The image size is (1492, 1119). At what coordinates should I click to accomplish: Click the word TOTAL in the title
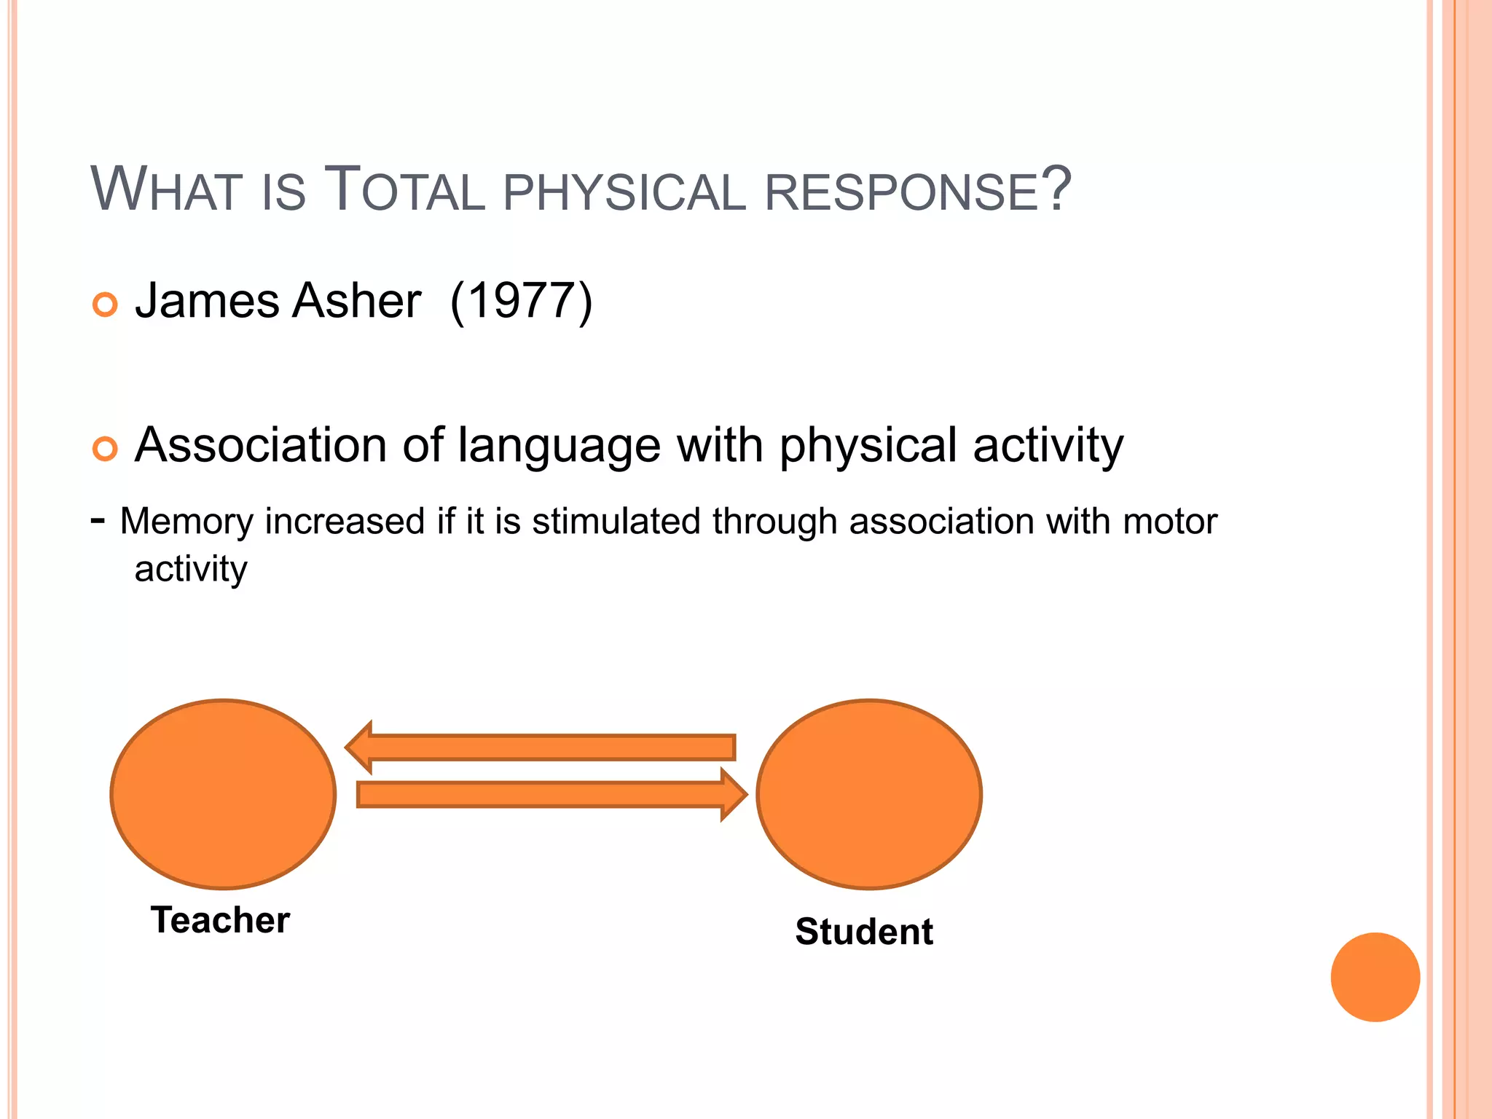(404, 190)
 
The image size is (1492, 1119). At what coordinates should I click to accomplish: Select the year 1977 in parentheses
(522, 300)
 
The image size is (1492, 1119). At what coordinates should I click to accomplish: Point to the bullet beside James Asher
(106, 304)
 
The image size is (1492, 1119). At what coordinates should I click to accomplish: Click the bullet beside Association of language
(106, 449)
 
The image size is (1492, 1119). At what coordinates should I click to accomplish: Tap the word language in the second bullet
(559, 446)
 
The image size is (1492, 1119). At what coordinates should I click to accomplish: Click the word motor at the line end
(1170, 522)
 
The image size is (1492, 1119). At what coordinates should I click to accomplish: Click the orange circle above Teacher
(223, 794)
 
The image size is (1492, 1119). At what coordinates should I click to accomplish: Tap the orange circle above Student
(869, 794)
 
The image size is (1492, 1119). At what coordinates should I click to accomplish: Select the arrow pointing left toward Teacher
(541, 747)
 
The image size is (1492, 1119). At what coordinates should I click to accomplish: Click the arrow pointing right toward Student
(551, 795)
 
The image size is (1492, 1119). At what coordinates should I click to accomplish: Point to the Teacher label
(220, 920)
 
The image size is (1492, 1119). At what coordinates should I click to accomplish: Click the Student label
(864, 932)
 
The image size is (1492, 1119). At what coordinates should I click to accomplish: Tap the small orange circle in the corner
(1375, 977)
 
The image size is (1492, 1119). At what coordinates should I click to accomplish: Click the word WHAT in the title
(166, 190)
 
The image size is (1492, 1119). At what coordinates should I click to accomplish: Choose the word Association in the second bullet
(261, 445)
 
